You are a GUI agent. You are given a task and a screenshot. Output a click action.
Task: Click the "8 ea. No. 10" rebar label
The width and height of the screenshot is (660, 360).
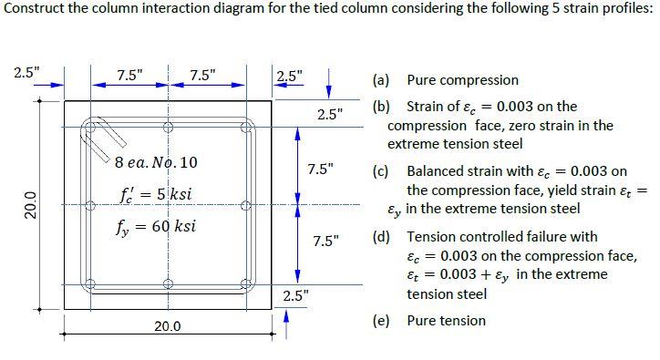[x=156, y=163]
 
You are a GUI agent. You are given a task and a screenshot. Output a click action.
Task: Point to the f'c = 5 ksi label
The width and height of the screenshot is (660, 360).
[x=155, y=195]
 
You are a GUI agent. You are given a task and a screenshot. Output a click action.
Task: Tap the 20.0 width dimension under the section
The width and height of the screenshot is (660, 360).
[x=167, y=325]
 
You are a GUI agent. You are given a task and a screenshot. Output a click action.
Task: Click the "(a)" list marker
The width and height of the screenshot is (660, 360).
[x=381, y=80]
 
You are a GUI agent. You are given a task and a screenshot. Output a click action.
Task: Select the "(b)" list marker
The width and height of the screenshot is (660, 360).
[x=381, y=107]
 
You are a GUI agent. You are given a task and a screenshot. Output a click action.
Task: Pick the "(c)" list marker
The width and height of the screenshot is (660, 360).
[x=381, y=170]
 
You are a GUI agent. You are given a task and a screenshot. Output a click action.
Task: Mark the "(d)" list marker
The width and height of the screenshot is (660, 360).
[x=381, y=236]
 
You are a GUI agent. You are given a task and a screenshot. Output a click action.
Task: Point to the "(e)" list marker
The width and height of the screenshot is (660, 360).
[x=381, y=320]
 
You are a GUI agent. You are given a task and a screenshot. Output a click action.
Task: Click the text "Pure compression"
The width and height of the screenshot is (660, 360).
[x=462, y=80]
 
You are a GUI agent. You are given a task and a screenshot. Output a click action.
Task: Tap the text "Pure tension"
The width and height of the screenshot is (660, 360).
[x=446, y=320]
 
